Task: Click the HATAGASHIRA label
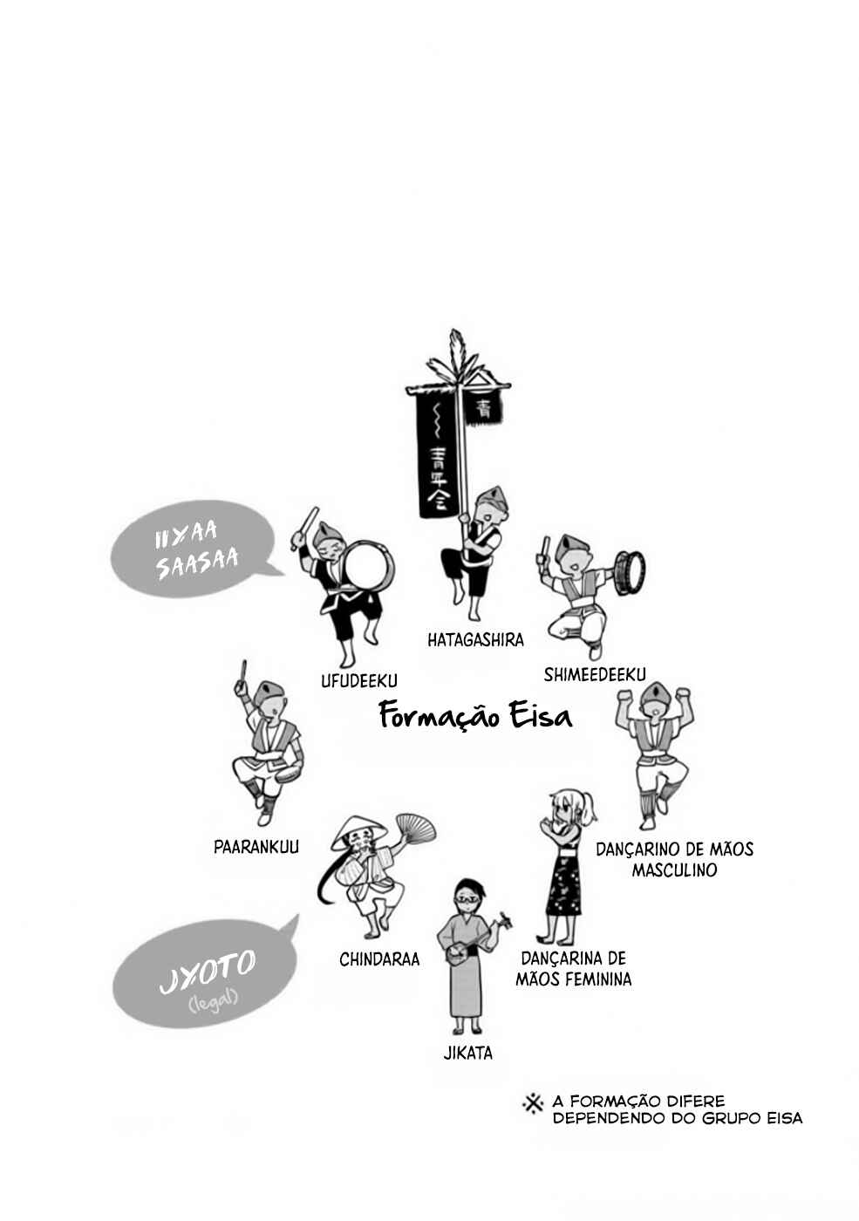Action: tap(475, 639)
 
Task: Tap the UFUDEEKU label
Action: tap(359, 680)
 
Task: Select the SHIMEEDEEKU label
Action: tap(595, 674)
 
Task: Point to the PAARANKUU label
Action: tap(256, 847)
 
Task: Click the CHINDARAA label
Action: tap(379, 958)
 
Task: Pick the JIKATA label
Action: tap(467, 1053)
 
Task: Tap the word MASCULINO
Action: tap(674, 870)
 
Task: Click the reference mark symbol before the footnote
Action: tap(533, 1105)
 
